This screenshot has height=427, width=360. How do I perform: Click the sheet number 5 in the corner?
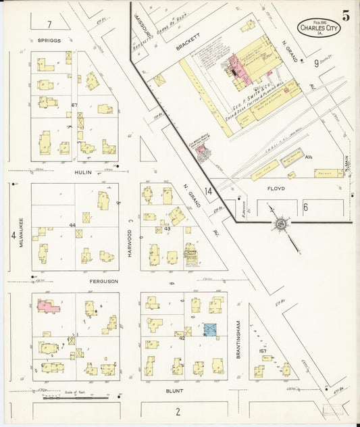pyautogui.click(x=345, y=17)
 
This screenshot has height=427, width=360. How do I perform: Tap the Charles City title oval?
pyautogui.click(x=319, y=29)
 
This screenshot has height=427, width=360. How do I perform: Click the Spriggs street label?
pyautogui.click(x=49, y=41)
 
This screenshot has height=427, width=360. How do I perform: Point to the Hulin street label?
pyautogui.click(x=84, y=172)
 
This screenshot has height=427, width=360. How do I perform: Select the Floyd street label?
pyautogui.click(x=276, y=189)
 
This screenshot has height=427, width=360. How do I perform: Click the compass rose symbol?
pyautogui.click(x=279, y=224)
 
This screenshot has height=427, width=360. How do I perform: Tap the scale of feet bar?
pyautogui.click(x=74, y=398)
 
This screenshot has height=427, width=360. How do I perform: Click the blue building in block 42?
pyautogui.click(x=210, y=330)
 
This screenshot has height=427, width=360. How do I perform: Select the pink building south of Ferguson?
pyautogui.click(x=49, y=306)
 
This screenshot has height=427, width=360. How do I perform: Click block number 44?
pyautogui.click(x=72, y=225)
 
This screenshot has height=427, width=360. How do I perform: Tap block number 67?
pyautogui.click(x=74, y=105)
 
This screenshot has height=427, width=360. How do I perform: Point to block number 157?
pyautogui.click(x=262, y=351)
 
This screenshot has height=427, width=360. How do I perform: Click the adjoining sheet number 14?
pyautogui.click(x=209, y=191)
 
